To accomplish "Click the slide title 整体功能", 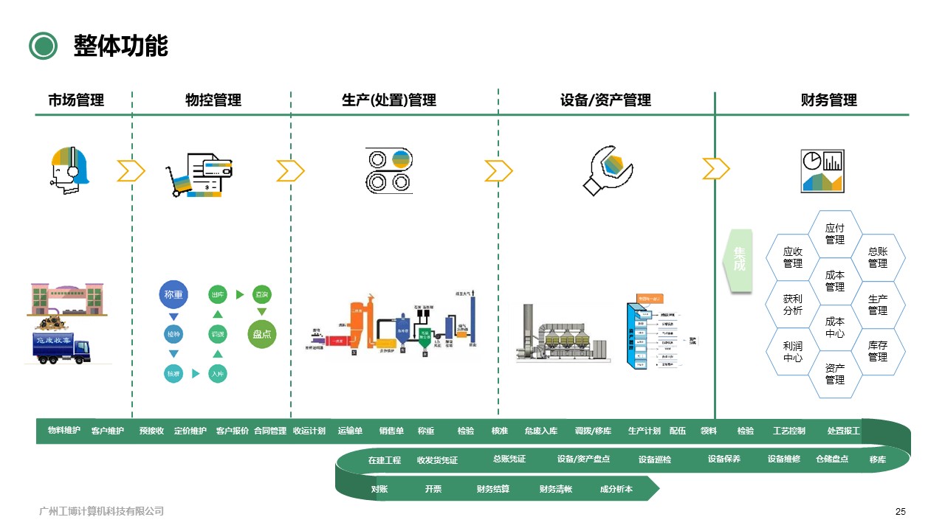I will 120,46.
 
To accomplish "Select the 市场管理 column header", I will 76,100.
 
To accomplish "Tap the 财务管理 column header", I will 828,100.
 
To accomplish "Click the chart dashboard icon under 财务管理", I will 822,171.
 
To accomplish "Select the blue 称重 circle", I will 174,295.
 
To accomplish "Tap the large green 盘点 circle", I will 262,334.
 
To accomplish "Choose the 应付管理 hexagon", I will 835,235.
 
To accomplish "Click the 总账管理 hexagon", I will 878,257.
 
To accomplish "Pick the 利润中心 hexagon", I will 793,352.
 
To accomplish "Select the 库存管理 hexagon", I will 878,351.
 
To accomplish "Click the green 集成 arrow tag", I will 739,259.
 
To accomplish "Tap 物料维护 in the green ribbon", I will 64,431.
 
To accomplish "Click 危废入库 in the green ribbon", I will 541,431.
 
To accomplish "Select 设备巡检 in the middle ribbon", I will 655,459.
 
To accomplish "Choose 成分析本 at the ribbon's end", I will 616,489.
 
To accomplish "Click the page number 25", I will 900,512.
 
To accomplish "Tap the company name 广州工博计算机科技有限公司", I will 101,511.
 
